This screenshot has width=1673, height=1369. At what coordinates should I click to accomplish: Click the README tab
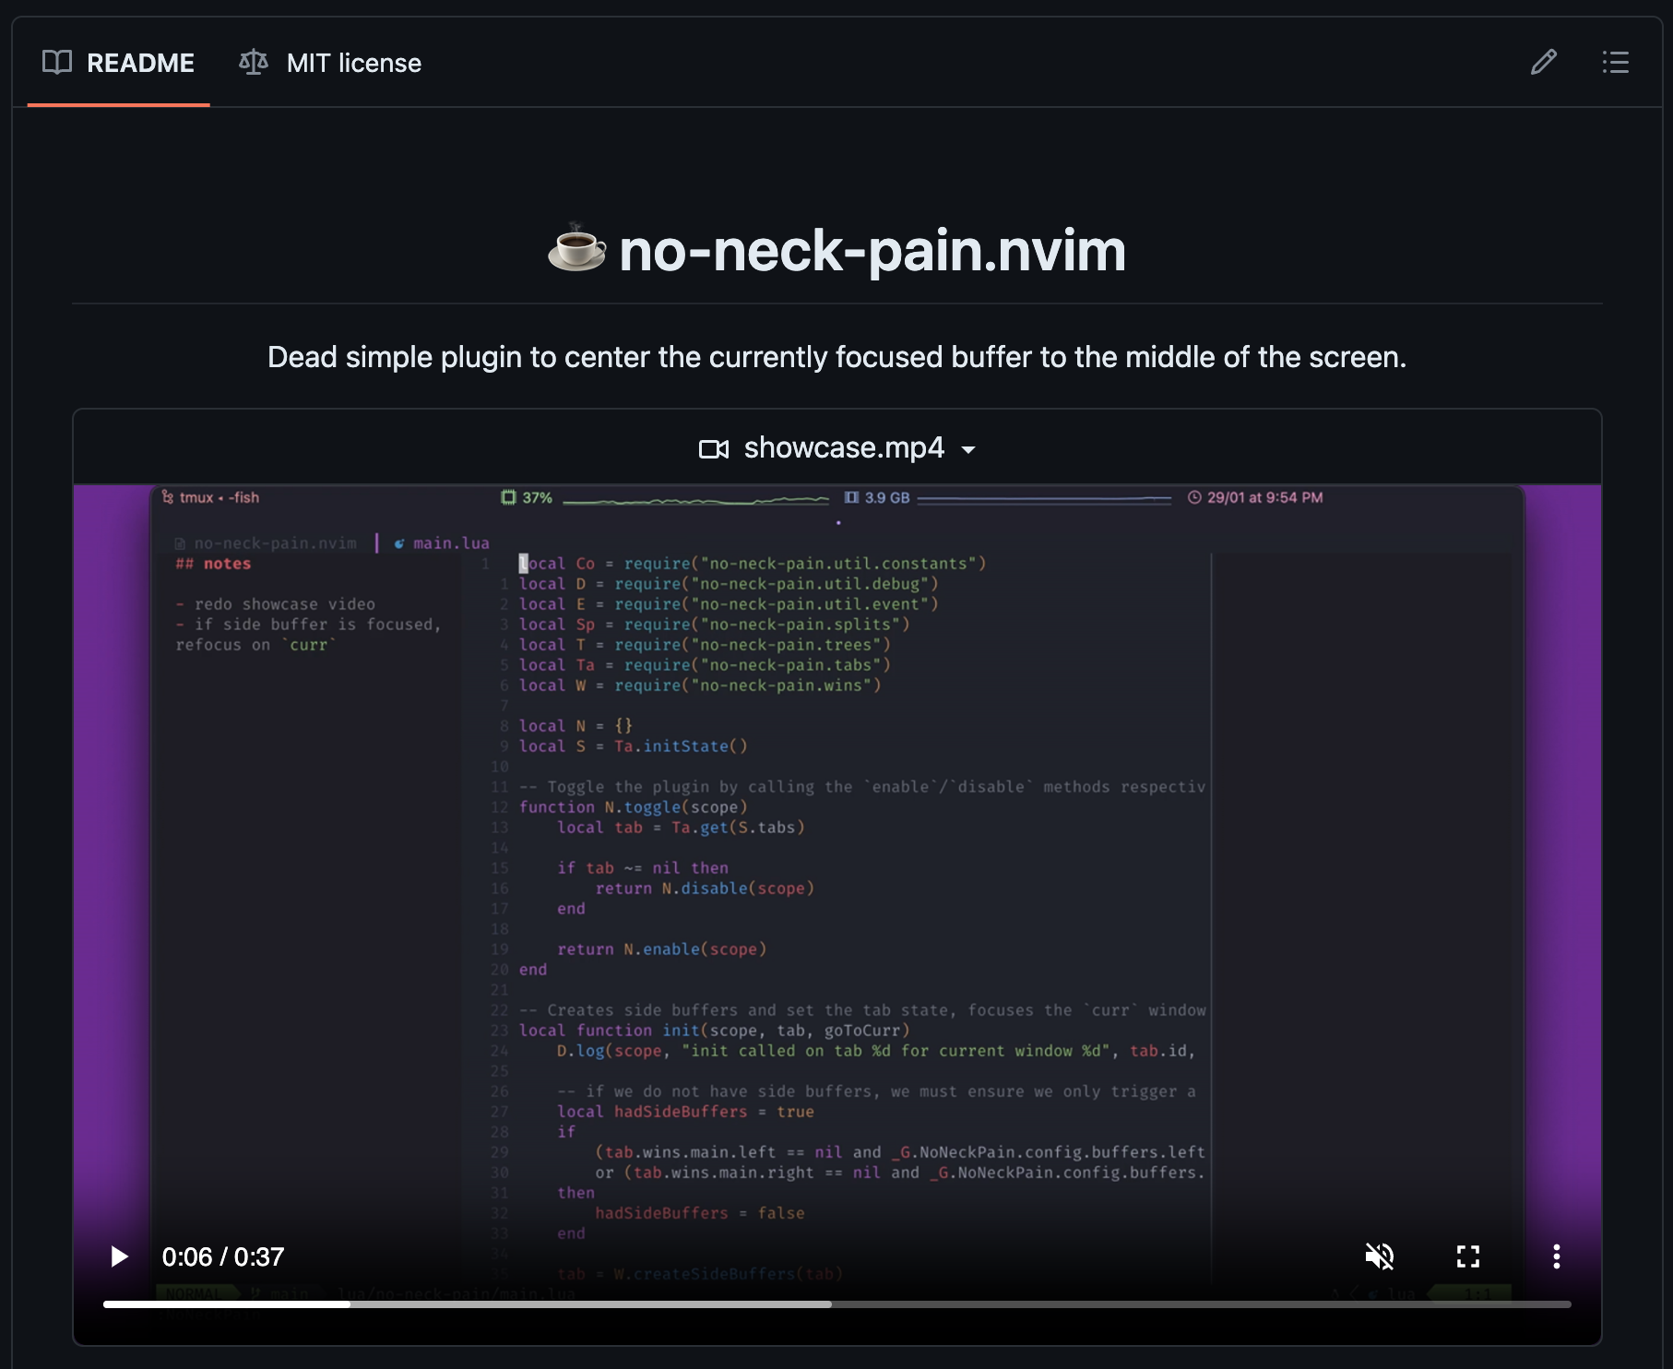pos(119,63)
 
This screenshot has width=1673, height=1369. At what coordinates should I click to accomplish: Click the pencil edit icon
pos(1543,63)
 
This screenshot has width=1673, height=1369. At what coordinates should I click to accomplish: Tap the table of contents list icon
pos(1615,63)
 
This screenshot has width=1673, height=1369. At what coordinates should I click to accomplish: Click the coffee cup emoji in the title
pos(577,249)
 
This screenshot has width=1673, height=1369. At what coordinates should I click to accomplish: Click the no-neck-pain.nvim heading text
pos(872,251)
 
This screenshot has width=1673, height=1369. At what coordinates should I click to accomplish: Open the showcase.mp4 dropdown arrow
pos(968,449)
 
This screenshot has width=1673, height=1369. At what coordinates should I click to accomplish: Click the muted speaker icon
pos(1379,1256)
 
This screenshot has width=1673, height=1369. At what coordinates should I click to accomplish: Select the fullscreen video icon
pos(1467,1256)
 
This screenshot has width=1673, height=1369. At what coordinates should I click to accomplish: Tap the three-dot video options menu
pos(1556,1256)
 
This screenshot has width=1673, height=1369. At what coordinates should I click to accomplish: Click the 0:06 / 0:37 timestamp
pos(223,1256)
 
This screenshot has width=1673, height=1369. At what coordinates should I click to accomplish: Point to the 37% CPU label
pos(537,498)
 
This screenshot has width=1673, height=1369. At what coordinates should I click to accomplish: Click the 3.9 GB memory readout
pos(886,498)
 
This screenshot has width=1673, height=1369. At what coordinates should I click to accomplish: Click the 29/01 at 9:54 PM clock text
pos(1264,498)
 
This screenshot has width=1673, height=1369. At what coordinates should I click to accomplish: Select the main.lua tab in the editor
pos(450,543)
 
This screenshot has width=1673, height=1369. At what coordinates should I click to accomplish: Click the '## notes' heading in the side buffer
pos(214,564)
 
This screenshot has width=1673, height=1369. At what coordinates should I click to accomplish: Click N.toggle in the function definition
pos(643,807)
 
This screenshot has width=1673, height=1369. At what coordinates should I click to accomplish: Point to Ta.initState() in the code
pos(681,746)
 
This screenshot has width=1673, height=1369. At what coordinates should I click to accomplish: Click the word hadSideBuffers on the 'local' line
pos(681,1112)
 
